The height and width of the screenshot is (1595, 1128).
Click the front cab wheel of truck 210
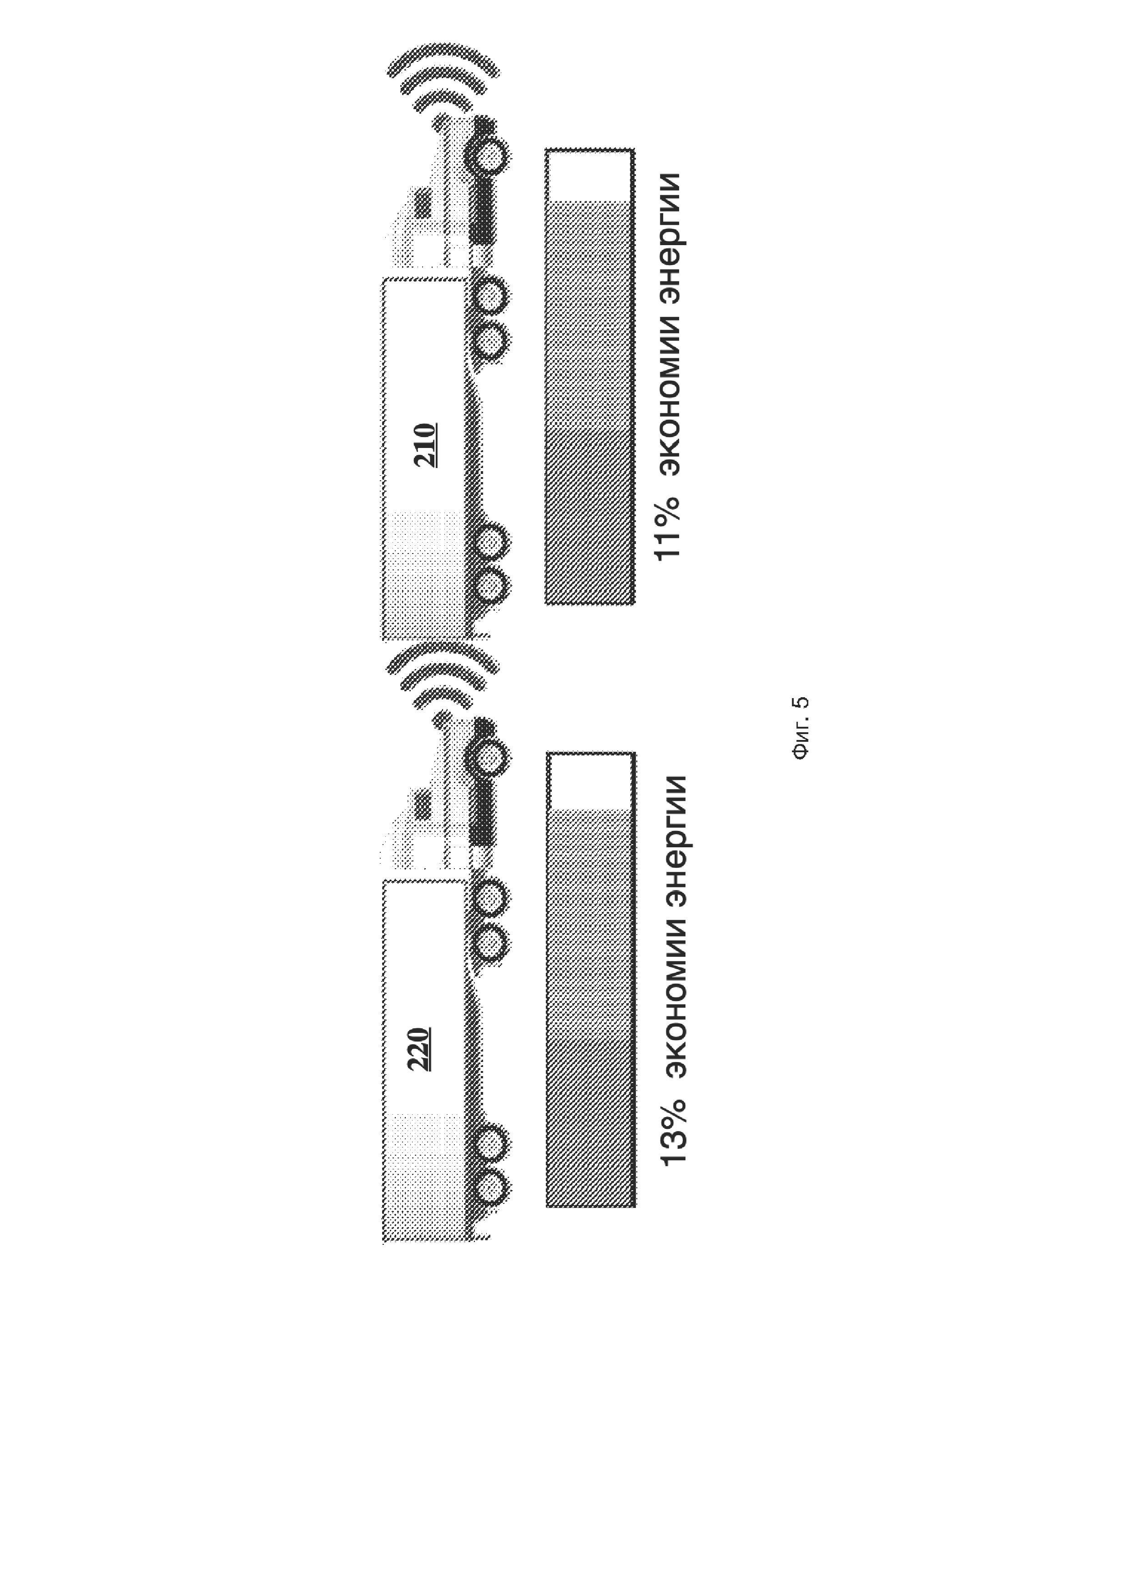click(489, 157)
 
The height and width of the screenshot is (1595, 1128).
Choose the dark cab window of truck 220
click(421, 807)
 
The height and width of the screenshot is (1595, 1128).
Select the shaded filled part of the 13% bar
click(590, 1007)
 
